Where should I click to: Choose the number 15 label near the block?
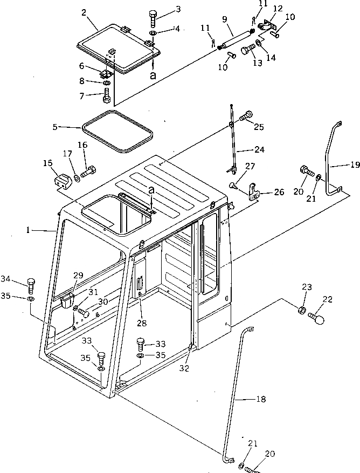[47, 162]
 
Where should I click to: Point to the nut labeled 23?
[303, 311]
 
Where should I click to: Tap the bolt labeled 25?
[248, 115]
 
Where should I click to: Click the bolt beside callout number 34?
[31, 284]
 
